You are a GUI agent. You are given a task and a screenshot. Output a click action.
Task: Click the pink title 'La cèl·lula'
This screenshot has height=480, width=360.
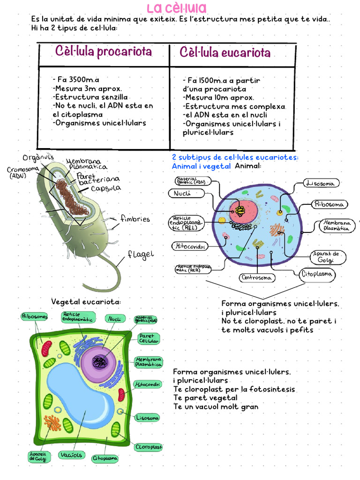point(176,8)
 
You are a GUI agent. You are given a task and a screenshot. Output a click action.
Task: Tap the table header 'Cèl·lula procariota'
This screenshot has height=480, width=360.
point(104,52)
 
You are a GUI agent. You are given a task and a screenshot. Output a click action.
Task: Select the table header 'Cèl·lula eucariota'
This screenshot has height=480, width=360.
point(225,52)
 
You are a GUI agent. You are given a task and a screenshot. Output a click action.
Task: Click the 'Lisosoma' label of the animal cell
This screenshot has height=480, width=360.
point(321,183)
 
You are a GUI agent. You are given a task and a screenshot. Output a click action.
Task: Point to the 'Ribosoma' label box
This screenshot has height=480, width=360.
point(330,204)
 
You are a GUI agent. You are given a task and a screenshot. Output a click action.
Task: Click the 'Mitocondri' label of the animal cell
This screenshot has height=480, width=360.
point(189,246)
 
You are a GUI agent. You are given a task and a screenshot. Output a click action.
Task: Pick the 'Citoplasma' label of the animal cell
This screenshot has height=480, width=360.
point(317,274)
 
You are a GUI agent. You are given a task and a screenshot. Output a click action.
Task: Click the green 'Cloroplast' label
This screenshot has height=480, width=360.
point(148,447)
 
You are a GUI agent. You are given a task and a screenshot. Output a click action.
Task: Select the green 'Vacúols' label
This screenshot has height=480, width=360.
point(72,455)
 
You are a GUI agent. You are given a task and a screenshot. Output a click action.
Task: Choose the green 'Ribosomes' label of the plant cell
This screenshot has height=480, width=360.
point(35,317)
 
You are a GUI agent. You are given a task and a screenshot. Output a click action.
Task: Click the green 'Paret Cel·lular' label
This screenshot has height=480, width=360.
point(149,338)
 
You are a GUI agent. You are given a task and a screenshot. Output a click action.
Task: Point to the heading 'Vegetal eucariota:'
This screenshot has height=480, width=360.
point(86,301)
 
